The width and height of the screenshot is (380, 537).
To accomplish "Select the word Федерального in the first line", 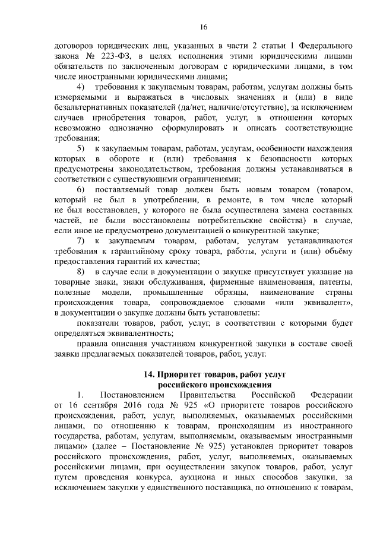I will (x=313, y=45).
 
